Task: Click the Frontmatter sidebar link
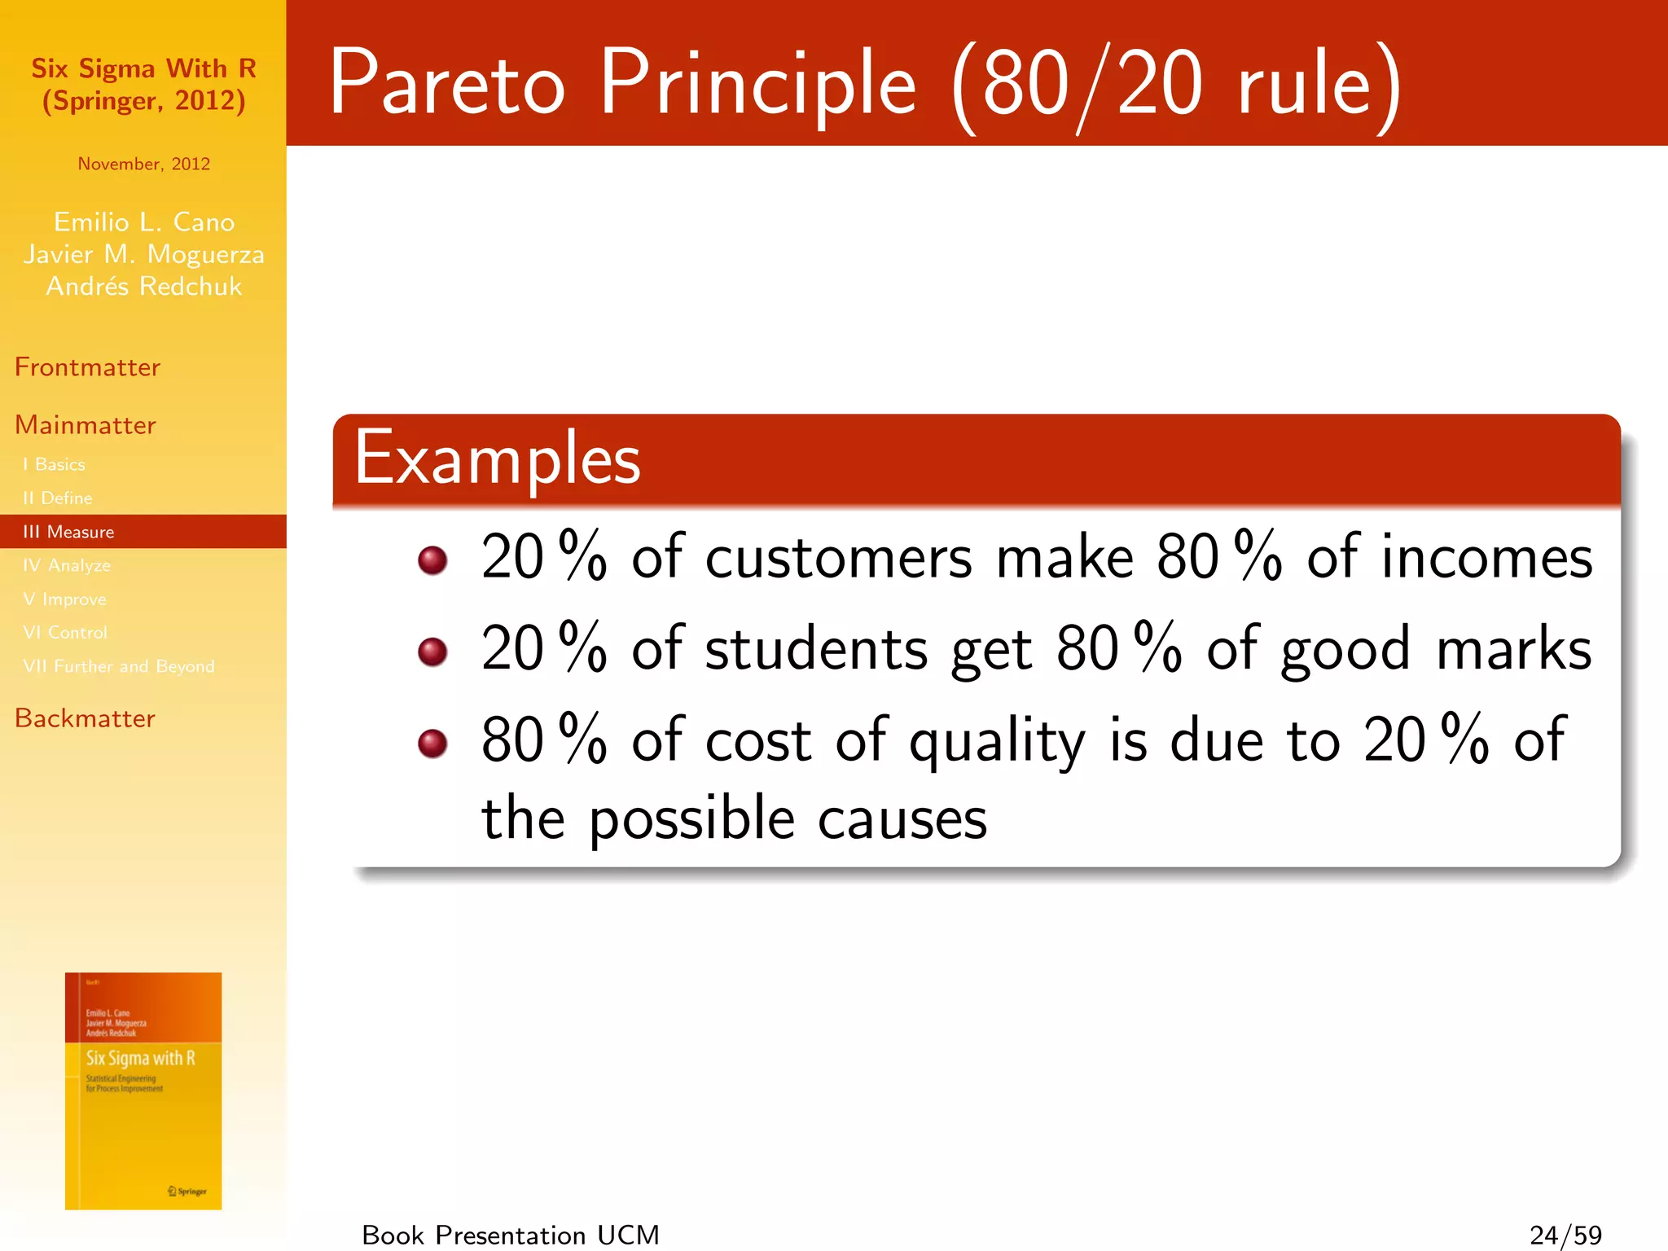[x=87, y=367]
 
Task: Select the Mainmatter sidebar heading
[x=85, y=425]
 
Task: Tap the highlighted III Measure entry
[x=68, y=532]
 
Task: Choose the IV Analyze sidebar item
[x=67, y=565]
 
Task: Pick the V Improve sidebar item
[x=64, y=599]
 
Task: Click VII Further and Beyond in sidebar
[x=119, y=666]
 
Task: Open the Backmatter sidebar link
[x=85, y=718]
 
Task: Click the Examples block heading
[x=498, y=459]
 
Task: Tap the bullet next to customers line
[x=432, y=560]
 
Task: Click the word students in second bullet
[x=816, y=650]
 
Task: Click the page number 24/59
[x=1565, y=1235]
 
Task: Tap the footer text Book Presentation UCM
[x=511, y=1235]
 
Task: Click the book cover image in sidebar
[x=143, y=1091]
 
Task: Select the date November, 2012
[x=143, y=164]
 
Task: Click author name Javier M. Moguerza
[x=143, y=254]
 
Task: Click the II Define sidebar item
[x=57, y=498]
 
